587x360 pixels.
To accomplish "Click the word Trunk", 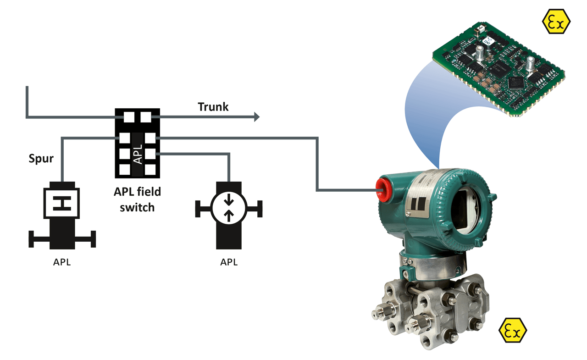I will pyautogui.click(x=213, y=107).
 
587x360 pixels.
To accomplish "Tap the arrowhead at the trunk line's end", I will pyautogui.click(x=256, y=117).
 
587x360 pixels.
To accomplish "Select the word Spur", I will pyautogui.click(x=41, y=159).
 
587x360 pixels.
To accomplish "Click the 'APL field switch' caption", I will pyautogui.click(x=137, y=199).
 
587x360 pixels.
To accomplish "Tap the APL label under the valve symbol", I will pyautogui.click(x=62, y=263).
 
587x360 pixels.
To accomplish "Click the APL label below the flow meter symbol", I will pyautogui.click(x=229, y=262).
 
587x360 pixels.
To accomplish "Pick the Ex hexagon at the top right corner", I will pyautogui.click(x=556, y=21).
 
